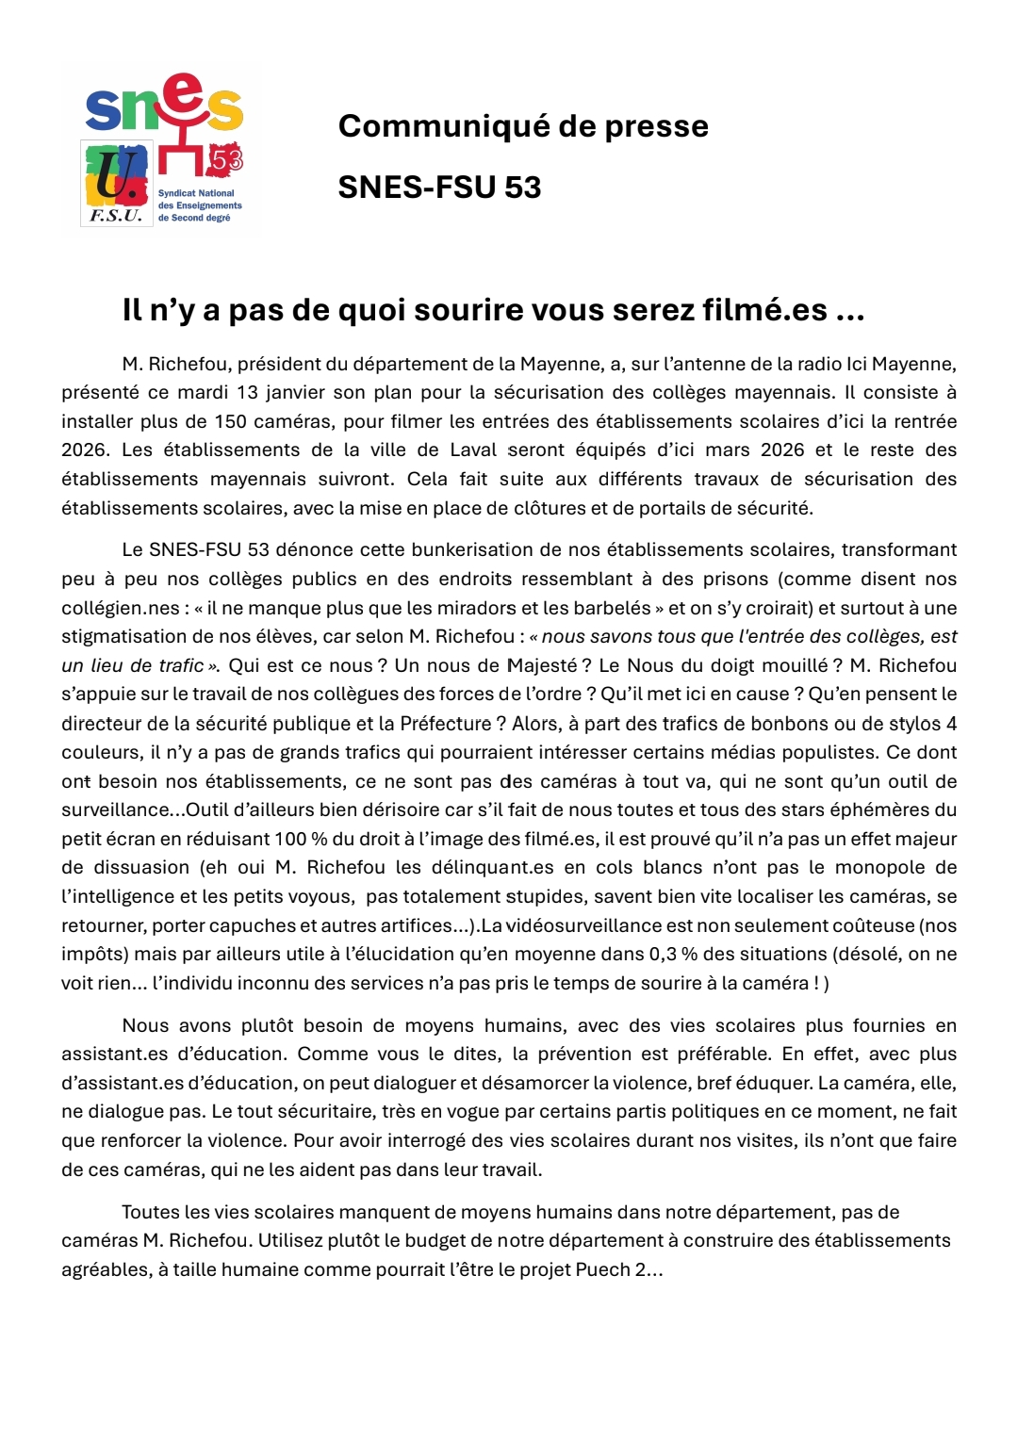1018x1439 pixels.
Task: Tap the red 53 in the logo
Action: (x=227, y=160)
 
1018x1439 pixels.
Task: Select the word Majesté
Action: (x=542, y=665)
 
